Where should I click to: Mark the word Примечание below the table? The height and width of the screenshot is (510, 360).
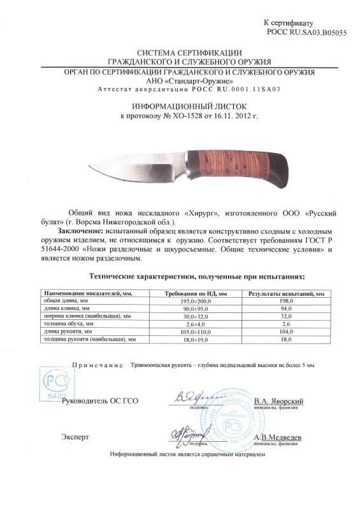point(89,367)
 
